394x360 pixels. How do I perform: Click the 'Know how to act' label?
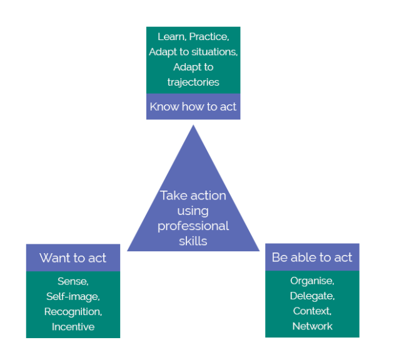[x=193, y=107]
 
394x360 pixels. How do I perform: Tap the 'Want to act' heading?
[x=73, y=257]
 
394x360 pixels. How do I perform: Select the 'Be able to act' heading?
[x=312, y=257]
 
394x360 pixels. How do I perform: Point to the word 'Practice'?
[x=209, y=37]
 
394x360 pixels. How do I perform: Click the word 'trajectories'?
[x=193, y=82]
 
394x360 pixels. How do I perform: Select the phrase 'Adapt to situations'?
[x=193, y=52]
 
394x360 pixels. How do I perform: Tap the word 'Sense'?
[x=73, y=281]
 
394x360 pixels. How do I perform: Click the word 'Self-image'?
[x=73, y=296]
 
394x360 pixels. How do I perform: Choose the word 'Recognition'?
[x=73, y=311]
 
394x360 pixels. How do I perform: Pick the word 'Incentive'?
[x=73, y=326]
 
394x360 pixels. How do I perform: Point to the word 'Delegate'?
[x=312, y=296]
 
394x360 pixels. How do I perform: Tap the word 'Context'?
[x=312, y=311]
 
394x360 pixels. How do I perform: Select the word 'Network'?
[x=312, y=326]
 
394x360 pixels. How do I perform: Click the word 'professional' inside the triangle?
[x=193, y=226]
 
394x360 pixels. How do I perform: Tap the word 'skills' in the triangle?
[x=193, y=241]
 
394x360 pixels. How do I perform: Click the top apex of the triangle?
[x=193, y=126]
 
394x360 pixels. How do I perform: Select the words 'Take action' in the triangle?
[x=193, y=196]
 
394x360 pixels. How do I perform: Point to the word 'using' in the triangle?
[x=193, y=211]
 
